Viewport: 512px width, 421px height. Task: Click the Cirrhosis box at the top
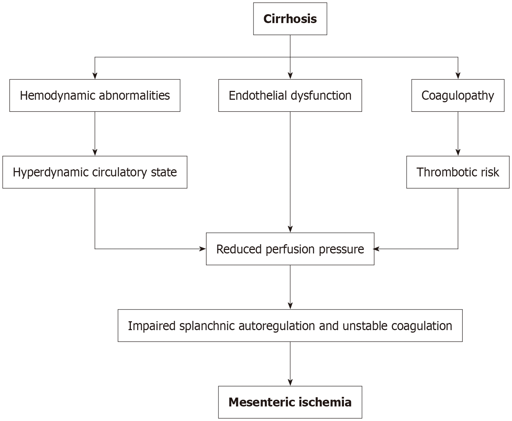[x=290, y=19]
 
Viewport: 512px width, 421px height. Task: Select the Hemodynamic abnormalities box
[x=95, y=95]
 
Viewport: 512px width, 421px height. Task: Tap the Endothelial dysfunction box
[x=290, y=95]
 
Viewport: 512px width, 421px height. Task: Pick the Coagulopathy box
[x=458, y=95]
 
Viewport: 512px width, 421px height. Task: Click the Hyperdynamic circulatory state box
[x=95, y=172]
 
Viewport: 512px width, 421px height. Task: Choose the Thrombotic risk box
[x=458, y=172]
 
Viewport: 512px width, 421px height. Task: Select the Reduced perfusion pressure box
[x=290, y=249]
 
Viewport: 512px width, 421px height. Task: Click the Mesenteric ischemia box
[x=290, y=402]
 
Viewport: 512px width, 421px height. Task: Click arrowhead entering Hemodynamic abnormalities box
[x=95, y=76]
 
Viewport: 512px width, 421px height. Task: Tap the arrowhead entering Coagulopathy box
[x=458, y=76]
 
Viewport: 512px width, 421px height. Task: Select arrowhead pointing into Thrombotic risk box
[x=458, y=153]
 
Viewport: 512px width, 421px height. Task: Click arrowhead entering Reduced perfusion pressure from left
[x=203, y=249]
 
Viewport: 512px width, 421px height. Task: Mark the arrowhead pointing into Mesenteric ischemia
[x=290, y=383]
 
